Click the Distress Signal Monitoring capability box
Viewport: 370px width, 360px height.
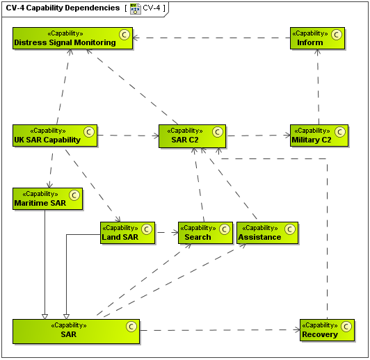click(72, 38)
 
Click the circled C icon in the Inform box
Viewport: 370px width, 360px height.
click(337, 33)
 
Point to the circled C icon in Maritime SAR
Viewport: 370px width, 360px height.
click(74, 194)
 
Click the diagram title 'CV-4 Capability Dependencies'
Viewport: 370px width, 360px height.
click(63, 8)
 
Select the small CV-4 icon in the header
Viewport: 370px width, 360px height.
click(135, 9)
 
